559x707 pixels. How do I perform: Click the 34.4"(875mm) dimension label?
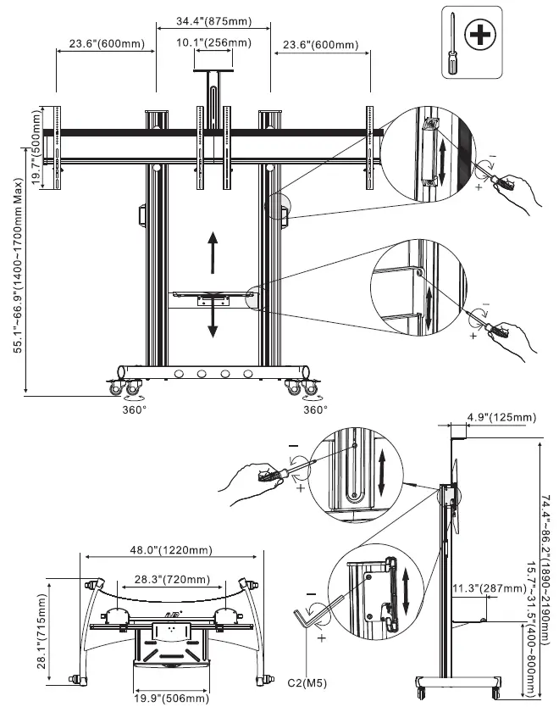click(x=213, y=20)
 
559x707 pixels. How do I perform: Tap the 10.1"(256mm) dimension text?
click(x=213, y=42)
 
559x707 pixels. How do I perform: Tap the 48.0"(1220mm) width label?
click(x=173, y=550)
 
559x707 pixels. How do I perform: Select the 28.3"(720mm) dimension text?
click(x=173, y=579)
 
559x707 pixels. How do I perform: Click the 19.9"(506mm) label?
click(x=173, y=699)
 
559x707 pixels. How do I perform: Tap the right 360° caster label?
click(x=315, y=409)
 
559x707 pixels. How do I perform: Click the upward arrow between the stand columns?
click(x=213, y=249)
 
